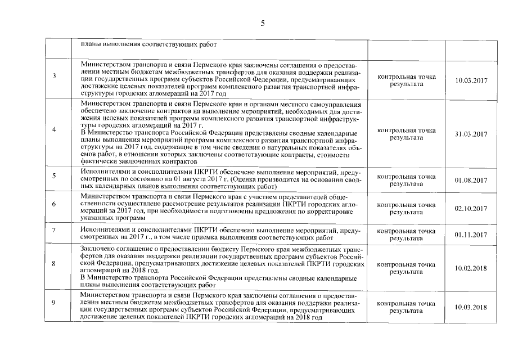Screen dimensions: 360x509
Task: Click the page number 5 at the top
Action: [263, 22]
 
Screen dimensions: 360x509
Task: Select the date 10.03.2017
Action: [471, 80]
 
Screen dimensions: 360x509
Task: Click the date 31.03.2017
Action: [471, 134]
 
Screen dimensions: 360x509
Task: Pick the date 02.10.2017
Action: [471, 209]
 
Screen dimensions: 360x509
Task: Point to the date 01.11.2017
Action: [471, 235]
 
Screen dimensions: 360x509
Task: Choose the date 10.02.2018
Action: [471, 268]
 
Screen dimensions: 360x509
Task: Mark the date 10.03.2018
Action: [471, 307]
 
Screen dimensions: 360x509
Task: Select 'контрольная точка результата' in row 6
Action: [406, 209]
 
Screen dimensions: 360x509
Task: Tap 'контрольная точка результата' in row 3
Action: [406, 80]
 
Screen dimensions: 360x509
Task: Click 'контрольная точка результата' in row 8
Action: [406, 268]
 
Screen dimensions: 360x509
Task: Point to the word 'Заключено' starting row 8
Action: [97, 248]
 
